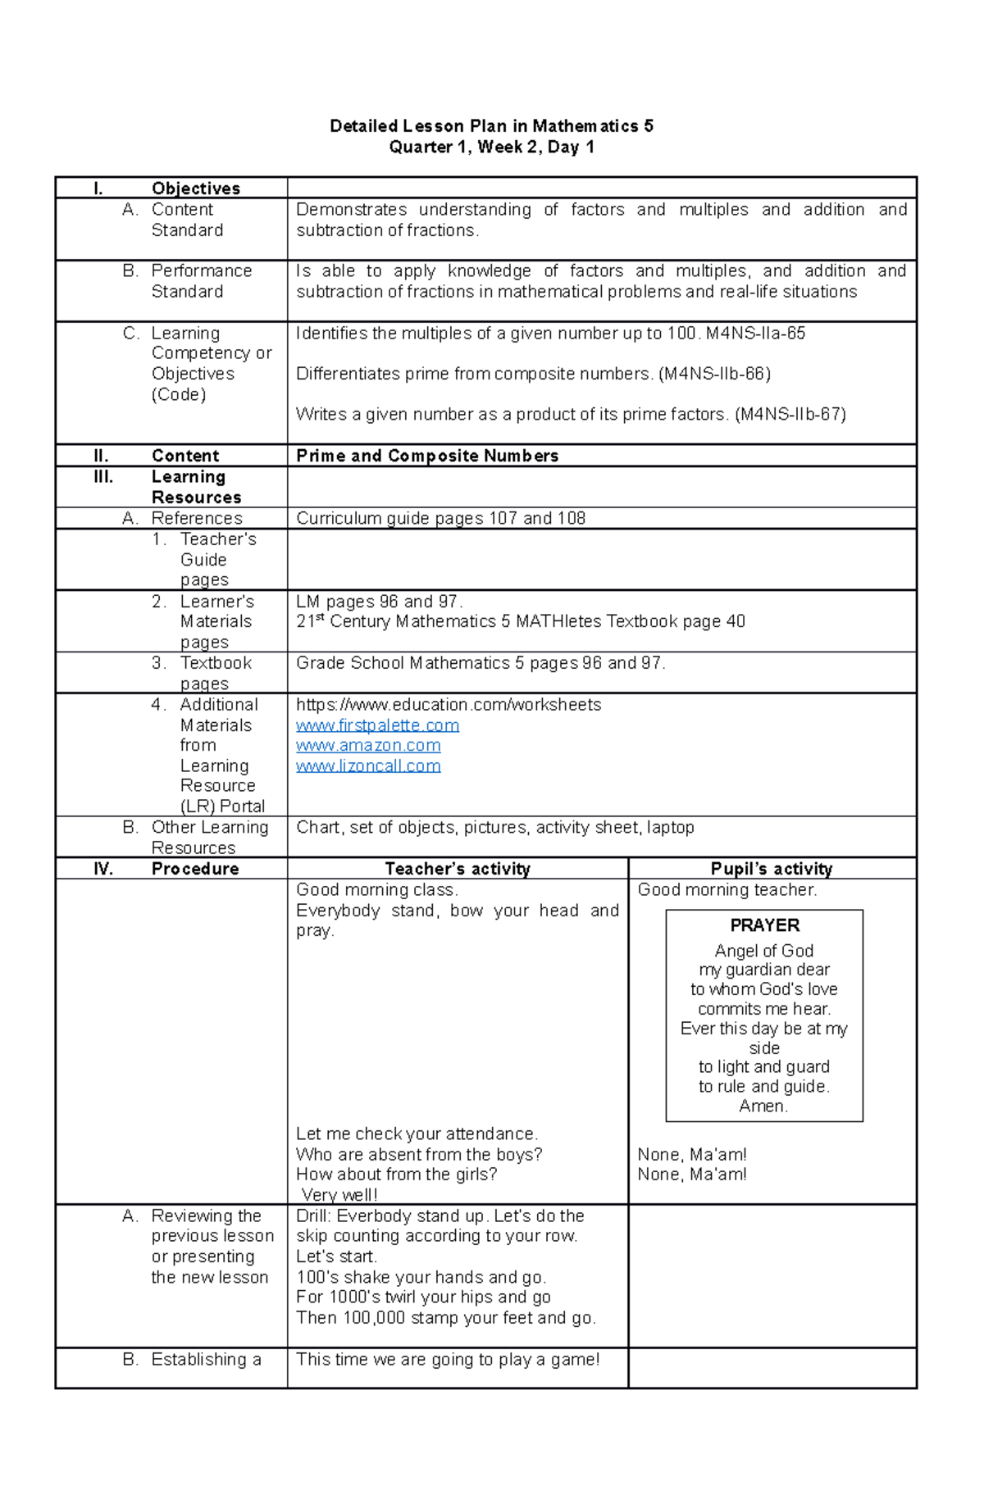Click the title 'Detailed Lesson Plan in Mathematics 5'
(491, 126)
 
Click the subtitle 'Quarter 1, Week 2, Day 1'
(491, 148)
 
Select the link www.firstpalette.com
(377, 725)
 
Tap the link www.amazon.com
(368, 746)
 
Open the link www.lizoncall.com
(368, 766)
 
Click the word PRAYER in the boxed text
(764, 925)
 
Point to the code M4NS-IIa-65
(755, 334)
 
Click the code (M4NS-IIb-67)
(790, 415)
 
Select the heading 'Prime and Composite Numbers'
(427, 456)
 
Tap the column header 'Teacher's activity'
(458, 869)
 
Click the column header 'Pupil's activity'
(771, 869)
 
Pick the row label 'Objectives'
(195, 189)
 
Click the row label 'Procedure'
(195, 869)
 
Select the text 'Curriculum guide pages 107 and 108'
(440, 518)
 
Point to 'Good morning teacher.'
(727, 890)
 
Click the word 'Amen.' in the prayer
(763, 1106)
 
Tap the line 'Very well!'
(339, 1195)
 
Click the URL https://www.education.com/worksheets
(448, 705)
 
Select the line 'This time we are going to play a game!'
(448, 1360)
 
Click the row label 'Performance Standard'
(201, 281)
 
